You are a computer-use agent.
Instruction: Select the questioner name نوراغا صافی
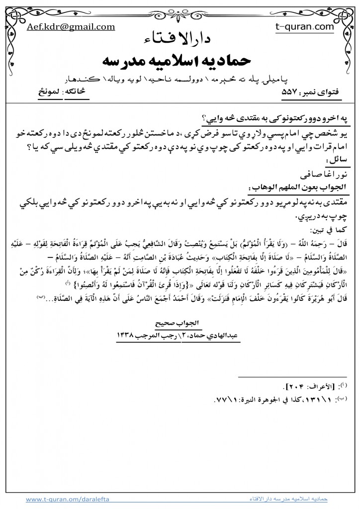tap(321, 175)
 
